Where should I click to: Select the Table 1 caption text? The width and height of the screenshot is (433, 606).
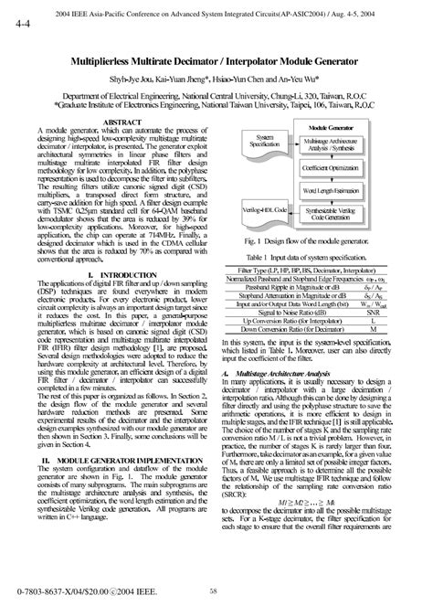point(321,259)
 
